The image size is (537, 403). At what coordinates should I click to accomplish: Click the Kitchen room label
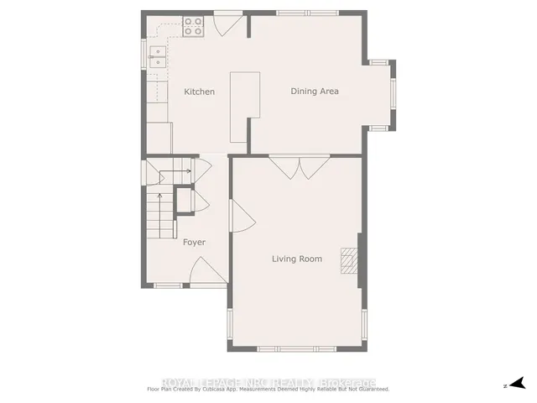click(200, 92)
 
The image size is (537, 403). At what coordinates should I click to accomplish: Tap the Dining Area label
click(315, 91)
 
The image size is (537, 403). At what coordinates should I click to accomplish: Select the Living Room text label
click(297, 259)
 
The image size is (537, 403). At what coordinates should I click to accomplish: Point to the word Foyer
click(194, 242)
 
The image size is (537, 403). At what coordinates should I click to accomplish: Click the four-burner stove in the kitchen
click(193, 27)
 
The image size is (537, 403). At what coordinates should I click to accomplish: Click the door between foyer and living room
click(237, 220)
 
